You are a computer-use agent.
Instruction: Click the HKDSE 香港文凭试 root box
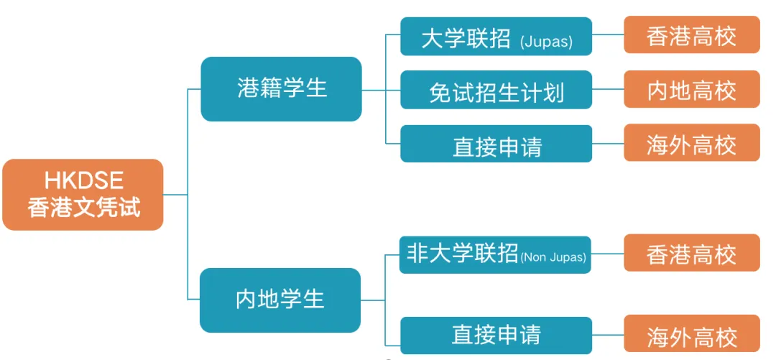pyautogui.click(x=83, y=194)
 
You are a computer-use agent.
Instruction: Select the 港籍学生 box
pyautogui.click(x=281, y=89)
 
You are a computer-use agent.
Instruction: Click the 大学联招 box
pyautogui.click(x=496, y=37)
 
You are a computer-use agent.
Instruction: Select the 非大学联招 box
pyautogui.click(x=495, y=255)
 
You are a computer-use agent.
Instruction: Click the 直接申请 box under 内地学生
pyautogui.click(x=495, y=335)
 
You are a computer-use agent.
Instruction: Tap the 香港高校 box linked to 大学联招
pyautogui.click(x=691, y=35)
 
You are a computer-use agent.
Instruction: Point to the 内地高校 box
pyautogui.click(x=691, y=90)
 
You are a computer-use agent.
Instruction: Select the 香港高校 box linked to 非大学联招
pyautogui.click(x=691, y=253)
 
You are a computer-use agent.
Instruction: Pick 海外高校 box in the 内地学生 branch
pyautogui.click(x=691, y=335)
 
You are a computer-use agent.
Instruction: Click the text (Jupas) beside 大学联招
pyautogui.click(x=546, y=42)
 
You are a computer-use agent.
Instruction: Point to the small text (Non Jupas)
pyautogui.click(x=553, y=257)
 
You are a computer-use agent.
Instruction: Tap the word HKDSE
pyautogui.click(x=83, y=180)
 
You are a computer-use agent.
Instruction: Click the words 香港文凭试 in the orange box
pyautogui.click(x=83, y=207)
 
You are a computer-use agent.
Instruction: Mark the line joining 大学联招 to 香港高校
pyautogui.click(x=608, y=35)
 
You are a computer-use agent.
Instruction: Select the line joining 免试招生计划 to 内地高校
pyautogui.click(x=608, y=90)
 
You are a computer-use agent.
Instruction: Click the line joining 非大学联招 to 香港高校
pyautogui.click(x=607, y=254)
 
